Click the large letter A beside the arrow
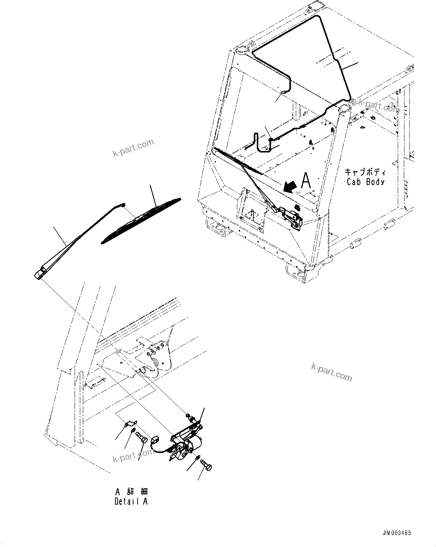[x=306, y=181]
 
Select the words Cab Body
[x=365, y=182]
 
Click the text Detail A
[x=131, y=502]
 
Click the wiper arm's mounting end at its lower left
[x=39, y=274]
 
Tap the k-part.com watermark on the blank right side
[x=332, y=372]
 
